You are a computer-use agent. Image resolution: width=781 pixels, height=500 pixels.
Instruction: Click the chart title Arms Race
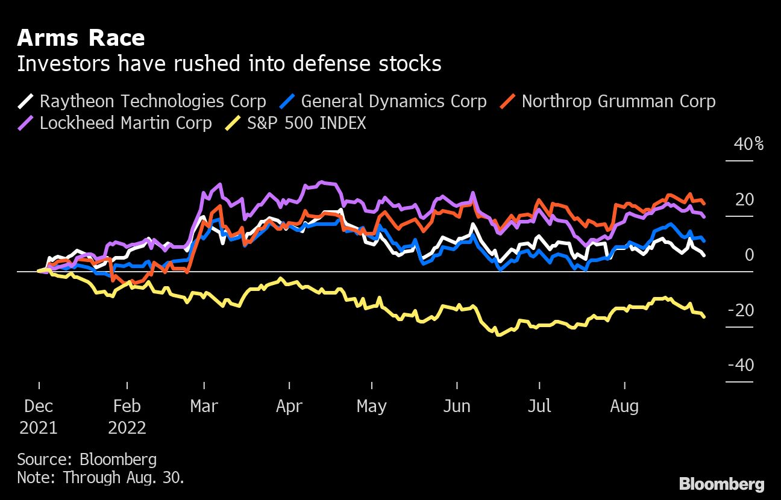coord(81,39)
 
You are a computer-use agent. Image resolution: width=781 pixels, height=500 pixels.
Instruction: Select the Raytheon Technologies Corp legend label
coord(152,101)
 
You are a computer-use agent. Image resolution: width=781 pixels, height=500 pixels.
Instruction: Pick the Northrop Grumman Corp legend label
coord(618,101)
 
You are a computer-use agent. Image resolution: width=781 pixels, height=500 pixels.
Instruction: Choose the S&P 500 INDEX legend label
coord(306,123)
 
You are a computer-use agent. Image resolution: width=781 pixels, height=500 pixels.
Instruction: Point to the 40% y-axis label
coord(748,145)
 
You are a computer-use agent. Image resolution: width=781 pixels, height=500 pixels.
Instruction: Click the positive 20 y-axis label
coord(744,199)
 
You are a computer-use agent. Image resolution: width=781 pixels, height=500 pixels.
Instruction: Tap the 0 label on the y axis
coord(749,255)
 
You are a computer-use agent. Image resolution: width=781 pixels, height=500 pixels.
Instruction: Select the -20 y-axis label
coord(741,310)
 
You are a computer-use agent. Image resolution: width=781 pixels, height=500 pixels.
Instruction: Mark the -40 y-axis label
coord(741,366)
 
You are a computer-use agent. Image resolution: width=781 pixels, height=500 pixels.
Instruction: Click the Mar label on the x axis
coord(204,406)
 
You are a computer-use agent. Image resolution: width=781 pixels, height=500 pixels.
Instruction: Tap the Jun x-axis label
coord(456,406)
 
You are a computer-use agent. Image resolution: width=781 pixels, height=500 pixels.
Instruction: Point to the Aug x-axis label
coord(624,406)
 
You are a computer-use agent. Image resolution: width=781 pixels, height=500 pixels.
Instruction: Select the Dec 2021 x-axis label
coord(39,417)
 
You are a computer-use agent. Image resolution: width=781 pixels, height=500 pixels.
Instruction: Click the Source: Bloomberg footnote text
coord(87,460)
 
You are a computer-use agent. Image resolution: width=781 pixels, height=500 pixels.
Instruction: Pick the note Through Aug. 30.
coord(100,478)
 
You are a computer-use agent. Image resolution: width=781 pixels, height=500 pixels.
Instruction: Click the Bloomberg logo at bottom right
coord(721,484)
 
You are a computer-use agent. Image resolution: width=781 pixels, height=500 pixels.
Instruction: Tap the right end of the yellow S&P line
coord(704,316)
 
